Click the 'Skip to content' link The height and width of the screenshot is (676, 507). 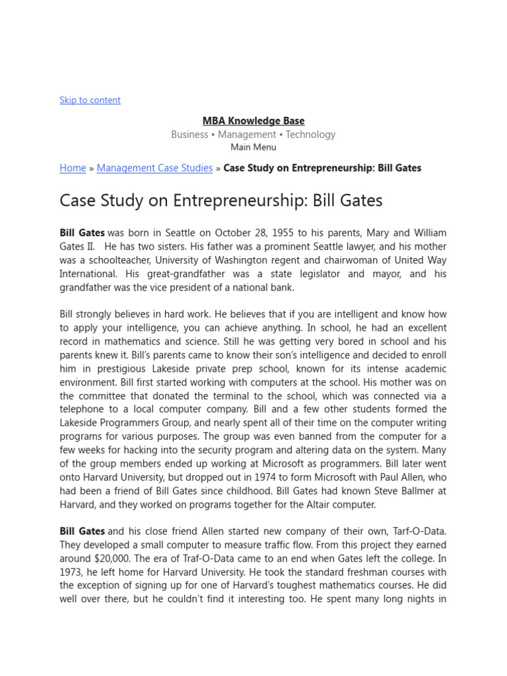pyautogui.click(x=90, y=100)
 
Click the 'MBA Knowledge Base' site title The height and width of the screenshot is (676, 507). pyautogui.click(x=253, y=121)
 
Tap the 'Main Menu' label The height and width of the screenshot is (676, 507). pyautogui.click(x=253, y=147)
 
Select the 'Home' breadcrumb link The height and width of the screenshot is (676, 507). pyautogui.click(x=73, y=168)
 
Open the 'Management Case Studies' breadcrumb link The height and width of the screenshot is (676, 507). pyautogui.click(x=154, y=168)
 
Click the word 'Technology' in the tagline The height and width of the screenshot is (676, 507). pyautogui.click(x=310, y=135)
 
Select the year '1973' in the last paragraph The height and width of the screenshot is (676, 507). pyautogui.click(x=73, y=572)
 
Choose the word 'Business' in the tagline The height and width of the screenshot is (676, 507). pyautogui.click(x=189, y=135)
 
